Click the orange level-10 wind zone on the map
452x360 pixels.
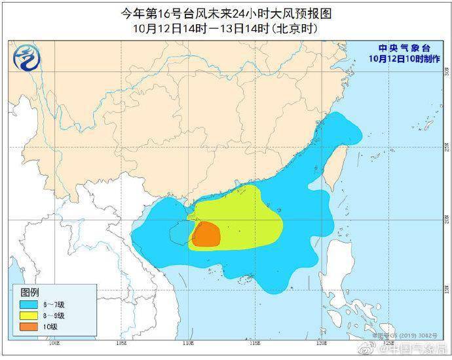[x=205, y=234]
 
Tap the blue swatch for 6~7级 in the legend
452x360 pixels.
[x=27, y=304]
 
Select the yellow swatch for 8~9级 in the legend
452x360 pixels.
[x=27, y=315]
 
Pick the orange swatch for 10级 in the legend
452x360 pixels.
[x=27, y=327]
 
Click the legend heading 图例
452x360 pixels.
[x=30, y=292]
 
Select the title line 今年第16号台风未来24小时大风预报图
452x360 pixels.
[x=225, y=12]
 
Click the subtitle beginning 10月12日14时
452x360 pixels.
[x=225, y=28]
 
